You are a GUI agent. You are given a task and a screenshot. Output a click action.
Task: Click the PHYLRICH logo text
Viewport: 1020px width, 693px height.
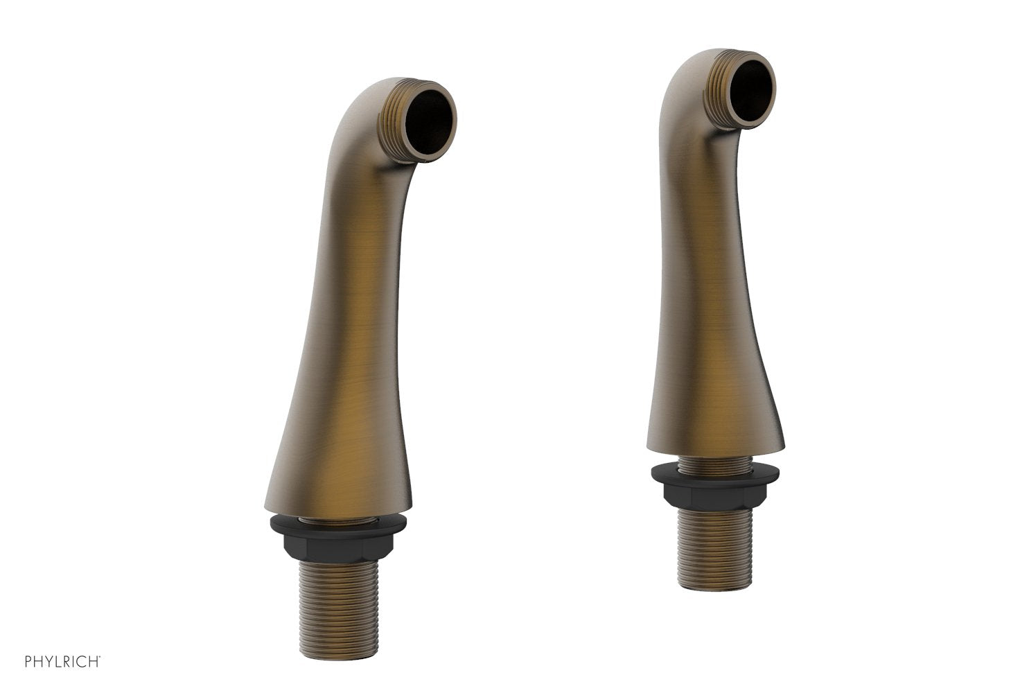tap(62, 662)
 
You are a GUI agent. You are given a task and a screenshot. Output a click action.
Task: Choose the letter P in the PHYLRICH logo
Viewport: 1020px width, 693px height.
tap(28, 662)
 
